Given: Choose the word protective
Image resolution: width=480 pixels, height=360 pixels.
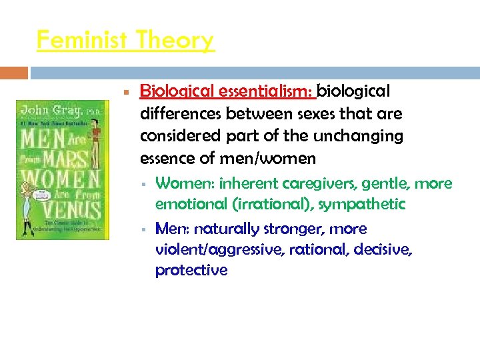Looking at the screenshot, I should tap(191, 270).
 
